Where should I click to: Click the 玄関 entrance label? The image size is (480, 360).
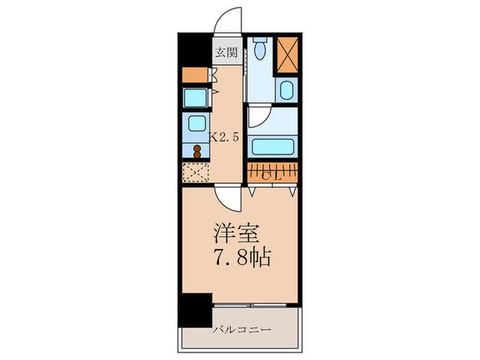(x=226, y=52)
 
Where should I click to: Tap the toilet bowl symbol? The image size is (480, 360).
(x=261, y=48)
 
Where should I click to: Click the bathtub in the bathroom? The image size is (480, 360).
(x=272, y=147)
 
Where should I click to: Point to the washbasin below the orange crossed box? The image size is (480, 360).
(x=287, y=90)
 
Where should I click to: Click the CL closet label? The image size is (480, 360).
(x=272, y=176)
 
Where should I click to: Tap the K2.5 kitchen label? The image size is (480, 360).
(x=224, y=137)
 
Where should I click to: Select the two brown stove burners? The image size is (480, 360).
(x=197, y=152)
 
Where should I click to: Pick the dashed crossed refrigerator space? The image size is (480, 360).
(x=195, y=172)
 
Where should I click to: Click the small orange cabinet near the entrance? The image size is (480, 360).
(x=195, y=75)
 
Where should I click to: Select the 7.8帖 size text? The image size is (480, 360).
(x=244, y=258)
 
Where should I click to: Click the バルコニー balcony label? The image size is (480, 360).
(x=243, y=330)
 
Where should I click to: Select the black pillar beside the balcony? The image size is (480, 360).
(x=195, y=310)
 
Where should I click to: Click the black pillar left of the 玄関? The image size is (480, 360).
(x=195, y=49)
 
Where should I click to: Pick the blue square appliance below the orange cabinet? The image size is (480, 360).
(x=195, y=97)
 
